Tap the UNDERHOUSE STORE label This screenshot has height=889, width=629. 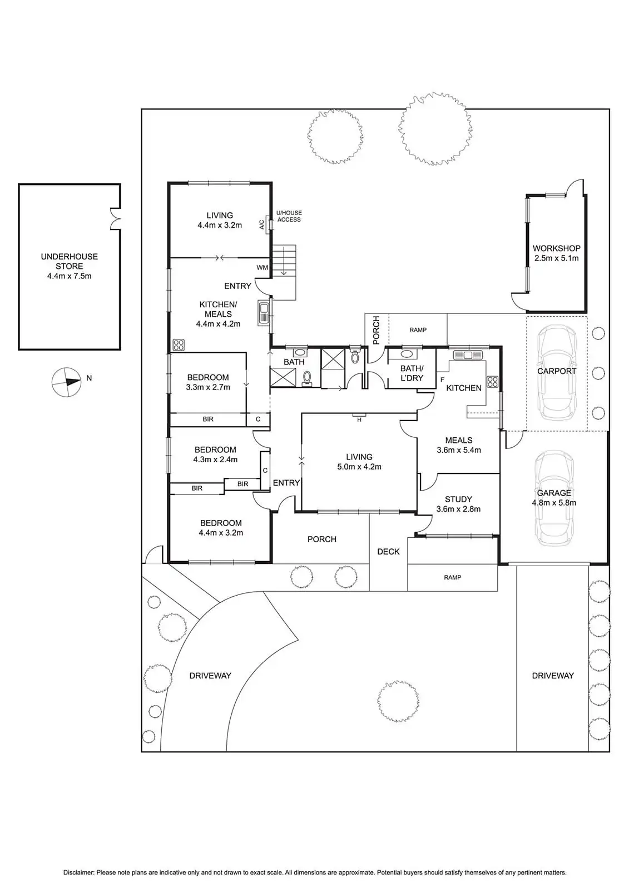click(x=69, y=261)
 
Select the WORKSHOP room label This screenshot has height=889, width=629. click(x=556, y=248)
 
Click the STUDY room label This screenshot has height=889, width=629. click(x=458, y=499)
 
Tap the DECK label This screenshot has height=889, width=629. click(x=388, y=551)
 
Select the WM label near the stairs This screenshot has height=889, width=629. click(x=262, y=267)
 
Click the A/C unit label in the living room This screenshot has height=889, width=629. click(x=261, y=224)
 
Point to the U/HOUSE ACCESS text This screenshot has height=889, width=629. click(x=289, y=216)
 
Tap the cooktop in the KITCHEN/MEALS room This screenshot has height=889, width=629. click(x=178, y=344)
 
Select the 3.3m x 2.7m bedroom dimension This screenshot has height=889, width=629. click(x=207, y=387)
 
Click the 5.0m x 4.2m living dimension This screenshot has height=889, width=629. click(x=359, y=467)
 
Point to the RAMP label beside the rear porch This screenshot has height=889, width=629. click(x=418, y=329)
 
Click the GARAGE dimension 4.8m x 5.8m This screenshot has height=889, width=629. click(x=553, y=503)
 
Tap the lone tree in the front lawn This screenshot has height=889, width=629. click(x=398, y=700)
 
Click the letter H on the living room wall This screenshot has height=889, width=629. click(x=359, y=419)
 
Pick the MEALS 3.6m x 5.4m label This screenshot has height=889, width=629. click(x=458, y=445)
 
